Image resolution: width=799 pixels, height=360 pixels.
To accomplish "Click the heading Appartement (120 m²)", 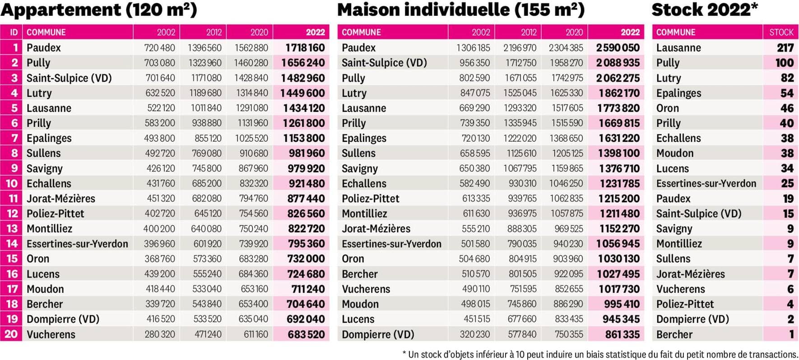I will tap(98, 10).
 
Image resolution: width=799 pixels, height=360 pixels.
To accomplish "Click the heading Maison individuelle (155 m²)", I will tap(460, 10).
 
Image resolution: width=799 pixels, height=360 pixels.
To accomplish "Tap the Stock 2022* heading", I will tap(705, 10).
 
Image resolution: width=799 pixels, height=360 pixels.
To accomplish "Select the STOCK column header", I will tap(781, 32).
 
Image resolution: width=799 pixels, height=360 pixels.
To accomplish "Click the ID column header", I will tap(14, 32).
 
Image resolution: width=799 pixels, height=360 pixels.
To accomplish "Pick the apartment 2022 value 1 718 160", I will tap(305, 47).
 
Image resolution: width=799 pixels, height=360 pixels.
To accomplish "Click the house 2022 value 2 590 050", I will tap(618, 47).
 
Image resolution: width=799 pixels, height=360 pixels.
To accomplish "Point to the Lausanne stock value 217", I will tap(785, 47).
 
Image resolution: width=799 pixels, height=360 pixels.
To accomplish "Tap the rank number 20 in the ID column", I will tap(11, 334).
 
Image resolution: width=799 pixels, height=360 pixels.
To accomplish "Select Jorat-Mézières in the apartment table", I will tap(61, 198).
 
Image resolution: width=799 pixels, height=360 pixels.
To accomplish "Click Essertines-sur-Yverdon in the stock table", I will tap(706, 183).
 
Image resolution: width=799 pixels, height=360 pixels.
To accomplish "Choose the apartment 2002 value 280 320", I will tap(160, 334).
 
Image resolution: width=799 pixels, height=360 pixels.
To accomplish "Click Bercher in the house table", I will tap(360, 274).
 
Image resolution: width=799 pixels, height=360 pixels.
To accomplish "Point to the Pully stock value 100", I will tap(785, 63).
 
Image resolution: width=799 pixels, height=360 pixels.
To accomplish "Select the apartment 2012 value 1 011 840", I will tap(206, 108).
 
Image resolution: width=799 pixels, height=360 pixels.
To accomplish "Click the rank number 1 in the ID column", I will tap(15, 47).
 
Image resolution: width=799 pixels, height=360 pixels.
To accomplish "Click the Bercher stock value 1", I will tap(791, 334).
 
